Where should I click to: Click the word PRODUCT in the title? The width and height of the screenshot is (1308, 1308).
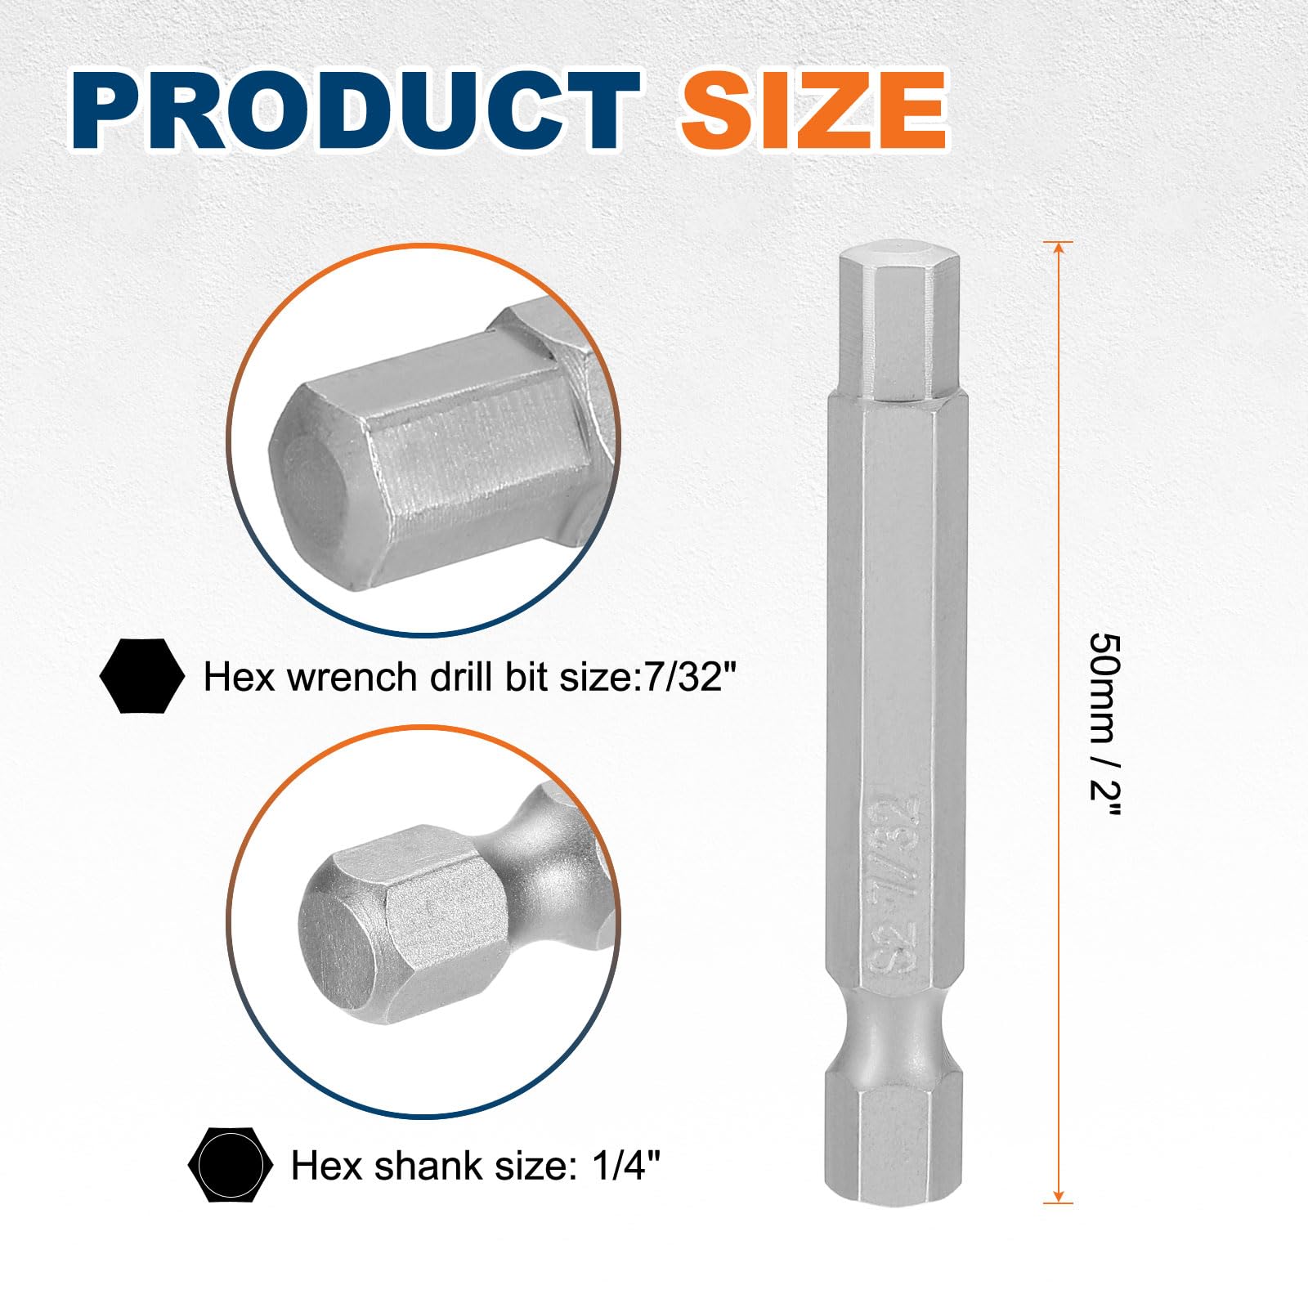356,111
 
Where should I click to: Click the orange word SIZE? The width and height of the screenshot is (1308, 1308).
814,111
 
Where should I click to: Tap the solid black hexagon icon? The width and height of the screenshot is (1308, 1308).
141,676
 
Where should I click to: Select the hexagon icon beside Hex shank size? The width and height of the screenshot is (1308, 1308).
231,1165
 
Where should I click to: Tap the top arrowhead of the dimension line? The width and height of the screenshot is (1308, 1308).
1058,250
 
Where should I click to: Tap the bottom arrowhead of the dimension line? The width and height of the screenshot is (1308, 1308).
1058,1194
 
